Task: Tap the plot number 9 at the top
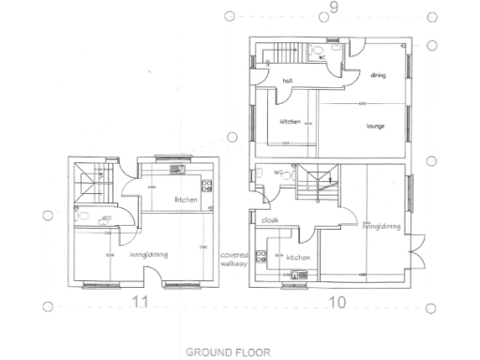click(333, 10)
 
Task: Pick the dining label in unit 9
click(379, 75)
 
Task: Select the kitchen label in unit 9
click(290, 123)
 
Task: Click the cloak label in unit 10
click(270, 220)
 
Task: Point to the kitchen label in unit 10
click(297, 257)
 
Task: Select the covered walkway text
click(232, 260)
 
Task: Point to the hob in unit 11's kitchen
click(208, 185)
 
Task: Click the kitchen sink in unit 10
click(297, 275)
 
